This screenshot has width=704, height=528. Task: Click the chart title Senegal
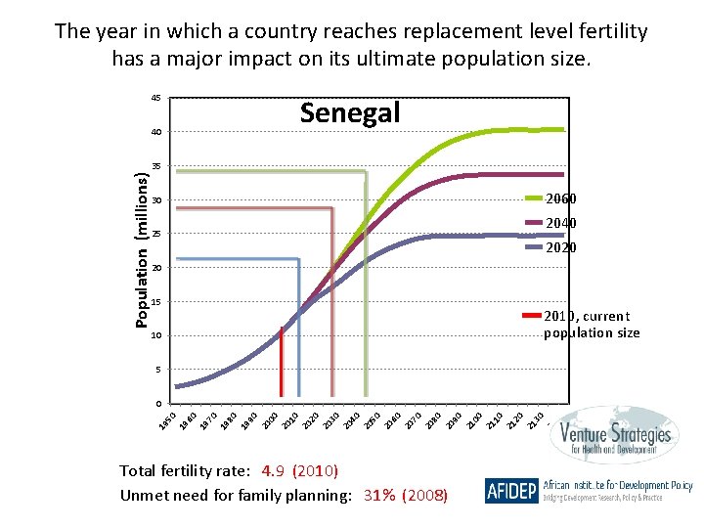[350, 113]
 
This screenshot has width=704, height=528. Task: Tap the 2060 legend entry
[560, 199]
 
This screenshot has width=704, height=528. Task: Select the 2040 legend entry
[560, 224]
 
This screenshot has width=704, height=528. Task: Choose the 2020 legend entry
[560, 248]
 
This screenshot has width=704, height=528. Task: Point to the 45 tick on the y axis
[155, 98]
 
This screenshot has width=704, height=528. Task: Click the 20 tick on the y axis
[155, 268]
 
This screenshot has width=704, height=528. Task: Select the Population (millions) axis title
[143, 250]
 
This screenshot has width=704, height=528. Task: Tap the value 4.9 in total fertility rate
[275, 471]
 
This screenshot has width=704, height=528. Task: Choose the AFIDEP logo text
[510, 491]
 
